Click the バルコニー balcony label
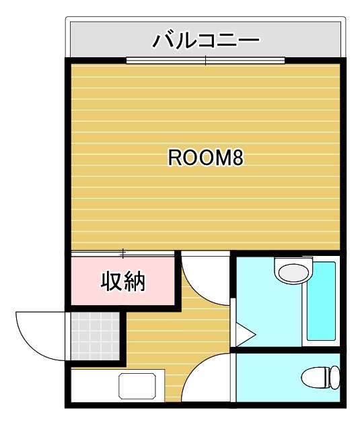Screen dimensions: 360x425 coord(206,41)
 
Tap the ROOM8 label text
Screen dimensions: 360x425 coord(206,158)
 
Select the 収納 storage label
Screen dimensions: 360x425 coord(123,282)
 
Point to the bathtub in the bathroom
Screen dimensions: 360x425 coord(321,300)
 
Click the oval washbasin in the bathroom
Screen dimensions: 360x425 coord(294,273)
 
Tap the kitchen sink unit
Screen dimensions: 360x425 coord(137,386)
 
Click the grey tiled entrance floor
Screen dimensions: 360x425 coord(95,336)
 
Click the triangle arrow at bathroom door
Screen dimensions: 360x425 coord(245,335)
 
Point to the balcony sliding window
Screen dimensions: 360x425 coord(206,61)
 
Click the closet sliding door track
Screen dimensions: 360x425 coord(122,254)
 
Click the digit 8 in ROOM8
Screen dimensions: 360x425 coord(238,158)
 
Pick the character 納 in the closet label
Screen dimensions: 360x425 coord(135,282)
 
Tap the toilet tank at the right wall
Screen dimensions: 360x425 coord(335,378)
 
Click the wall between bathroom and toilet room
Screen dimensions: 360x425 coord(288,350)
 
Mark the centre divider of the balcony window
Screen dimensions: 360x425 coord(206,61)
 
